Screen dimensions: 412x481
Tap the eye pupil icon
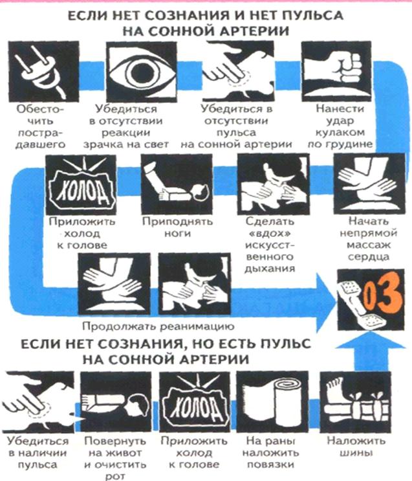point(142,72)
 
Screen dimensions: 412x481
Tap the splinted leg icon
point(356,402)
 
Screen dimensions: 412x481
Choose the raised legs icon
point(177,185)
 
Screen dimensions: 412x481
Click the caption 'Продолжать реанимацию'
point(158,326)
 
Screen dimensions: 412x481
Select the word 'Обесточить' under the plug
point(40,115)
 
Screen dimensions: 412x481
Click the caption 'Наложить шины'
point(356,447)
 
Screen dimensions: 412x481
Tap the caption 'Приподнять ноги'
point(177,227)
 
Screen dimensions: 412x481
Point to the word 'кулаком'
point(341,133)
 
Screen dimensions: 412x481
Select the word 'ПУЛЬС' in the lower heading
point(283,344)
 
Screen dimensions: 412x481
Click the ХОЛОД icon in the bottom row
point(195,402)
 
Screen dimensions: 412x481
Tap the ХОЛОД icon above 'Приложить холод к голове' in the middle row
point(81,185)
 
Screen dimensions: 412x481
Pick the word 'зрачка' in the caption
point(102,144)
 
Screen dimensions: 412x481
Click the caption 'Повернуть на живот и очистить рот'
point(115,458)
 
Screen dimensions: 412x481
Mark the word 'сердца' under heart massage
point(368,256)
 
